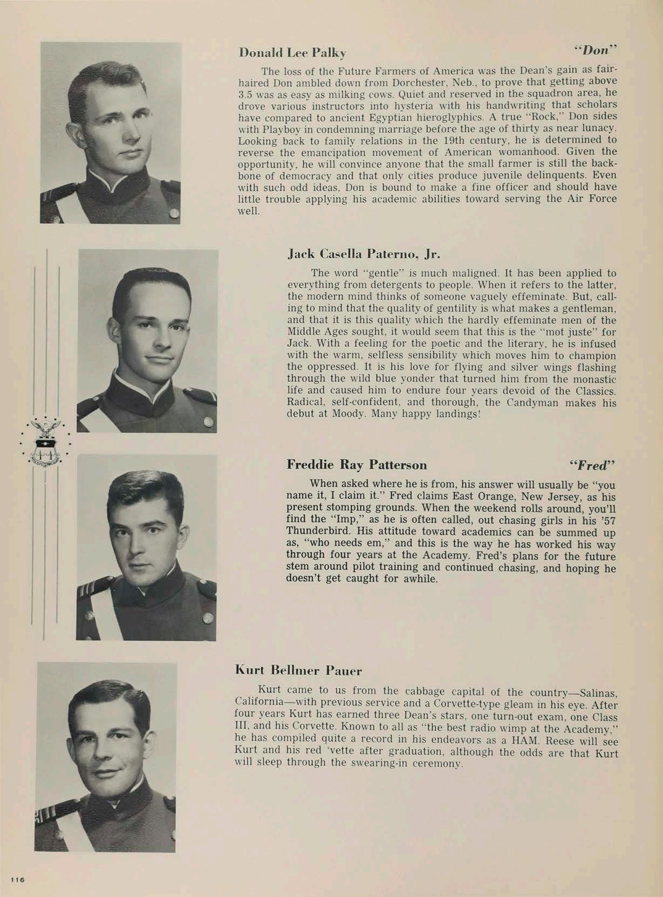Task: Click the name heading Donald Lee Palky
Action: click(x=292, y=53)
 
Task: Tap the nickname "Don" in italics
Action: click(x=595, y=50)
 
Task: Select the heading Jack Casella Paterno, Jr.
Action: click(x=364, y=254)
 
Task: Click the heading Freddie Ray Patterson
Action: click(x=357, y=465)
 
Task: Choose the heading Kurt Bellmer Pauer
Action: click(x=298, y=671)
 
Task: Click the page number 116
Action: click(x=17, y=880)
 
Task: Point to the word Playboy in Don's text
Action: click(x=281, y=130)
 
